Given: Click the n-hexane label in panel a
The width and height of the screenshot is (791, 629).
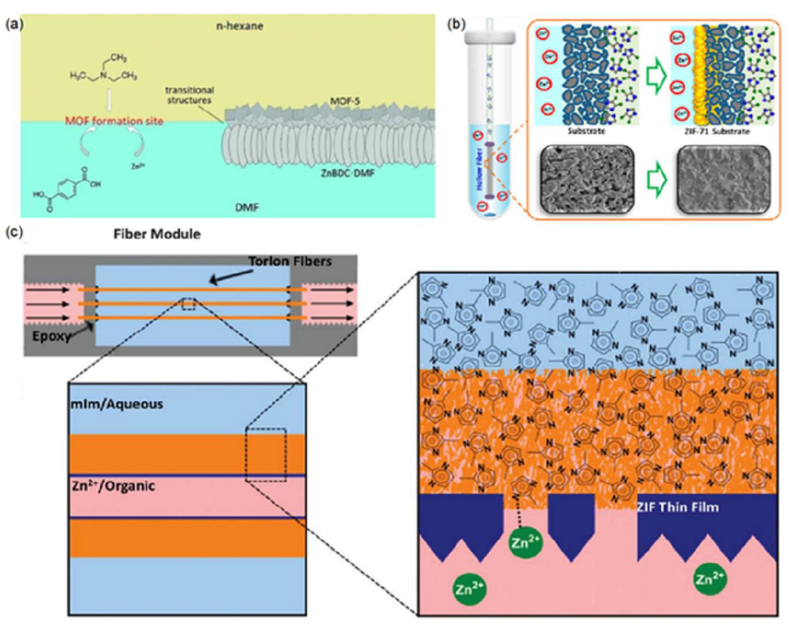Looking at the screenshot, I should coord(239,26).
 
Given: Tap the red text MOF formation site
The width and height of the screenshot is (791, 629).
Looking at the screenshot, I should coord(114,121).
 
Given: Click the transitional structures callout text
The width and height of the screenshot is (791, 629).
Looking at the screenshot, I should coord(189,95).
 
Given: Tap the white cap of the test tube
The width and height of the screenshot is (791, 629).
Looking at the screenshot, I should coord(490,36).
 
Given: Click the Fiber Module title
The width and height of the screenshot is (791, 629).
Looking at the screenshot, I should coord(157,234).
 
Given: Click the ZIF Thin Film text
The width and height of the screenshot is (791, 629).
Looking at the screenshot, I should coord(677,507).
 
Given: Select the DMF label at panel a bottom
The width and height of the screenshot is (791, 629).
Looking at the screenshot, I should coord(247,207).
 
